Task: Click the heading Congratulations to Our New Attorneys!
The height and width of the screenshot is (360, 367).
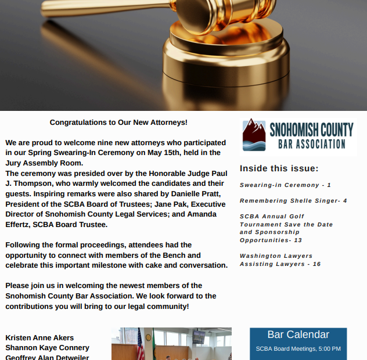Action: click(118, 123)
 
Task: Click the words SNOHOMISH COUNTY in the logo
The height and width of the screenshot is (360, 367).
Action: click(311, 129)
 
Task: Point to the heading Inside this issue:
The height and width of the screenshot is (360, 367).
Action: click(279, 169)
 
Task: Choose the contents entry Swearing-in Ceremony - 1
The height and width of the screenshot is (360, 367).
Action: click(285, 185)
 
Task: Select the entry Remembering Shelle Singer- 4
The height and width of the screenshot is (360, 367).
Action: click(293, 201)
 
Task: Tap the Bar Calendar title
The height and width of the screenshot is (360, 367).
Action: click(298, 335)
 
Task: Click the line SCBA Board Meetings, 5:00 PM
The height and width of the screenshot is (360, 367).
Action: click(298, 349)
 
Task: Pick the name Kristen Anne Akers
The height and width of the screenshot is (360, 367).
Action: click(39, 337)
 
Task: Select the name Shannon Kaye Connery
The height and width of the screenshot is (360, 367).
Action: click(47, 347)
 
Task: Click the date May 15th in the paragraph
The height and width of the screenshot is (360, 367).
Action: click(171, 153)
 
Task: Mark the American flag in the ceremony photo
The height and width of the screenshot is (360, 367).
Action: click(140, 346)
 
